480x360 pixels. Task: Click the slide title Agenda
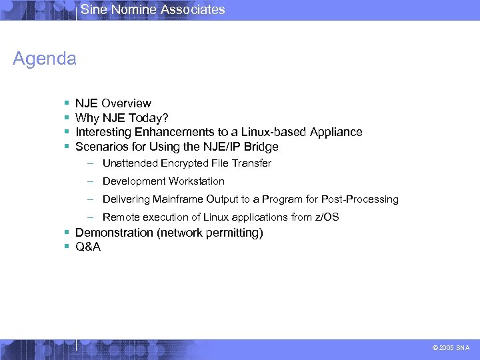point(45,59)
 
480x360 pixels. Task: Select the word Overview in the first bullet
point(126,103)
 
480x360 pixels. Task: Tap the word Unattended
point(130,163)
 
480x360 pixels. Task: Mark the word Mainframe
point(179,199)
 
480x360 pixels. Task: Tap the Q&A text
point(88,247)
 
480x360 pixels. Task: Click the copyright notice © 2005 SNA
point(451,348)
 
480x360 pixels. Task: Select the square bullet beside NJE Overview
point(67,104)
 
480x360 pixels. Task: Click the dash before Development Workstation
point(89,181)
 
